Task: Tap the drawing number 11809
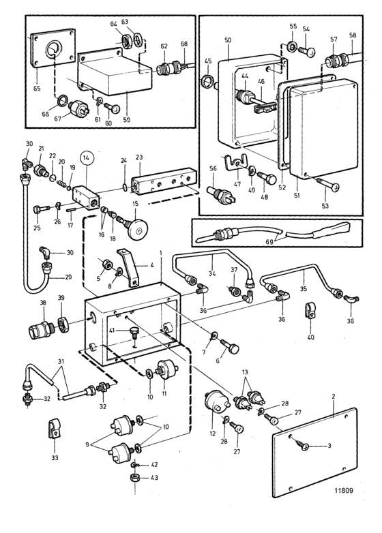pos(343,491)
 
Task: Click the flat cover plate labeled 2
pos(314,453)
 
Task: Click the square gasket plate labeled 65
pos(52,48)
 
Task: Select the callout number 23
pos(138,157)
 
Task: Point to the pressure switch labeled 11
pos(166,371)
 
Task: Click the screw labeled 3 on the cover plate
pos(304,446)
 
